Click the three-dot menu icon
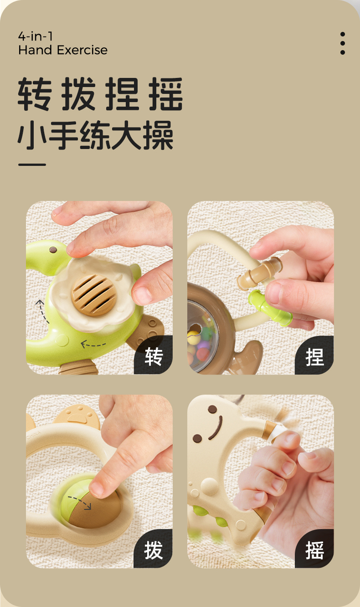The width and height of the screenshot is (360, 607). [342, 43]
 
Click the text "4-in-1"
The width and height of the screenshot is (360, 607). [35, 36]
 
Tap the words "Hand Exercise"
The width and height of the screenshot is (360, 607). [63, 50]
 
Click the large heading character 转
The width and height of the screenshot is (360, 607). [35, 94]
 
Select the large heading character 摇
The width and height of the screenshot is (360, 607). [165, 94]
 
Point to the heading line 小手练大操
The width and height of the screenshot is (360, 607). [95, 135]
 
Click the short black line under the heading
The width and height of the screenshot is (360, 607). [32, 165]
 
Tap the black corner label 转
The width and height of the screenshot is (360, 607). [154, 356]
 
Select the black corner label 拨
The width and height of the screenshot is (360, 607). [153, 550]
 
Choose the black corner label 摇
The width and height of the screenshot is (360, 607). [314, 550]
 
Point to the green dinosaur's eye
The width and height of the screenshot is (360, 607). [53, 250]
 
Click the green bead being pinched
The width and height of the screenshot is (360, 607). [269, 308]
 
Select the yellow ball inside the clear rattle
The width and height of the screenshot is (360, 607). [193, 337]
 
